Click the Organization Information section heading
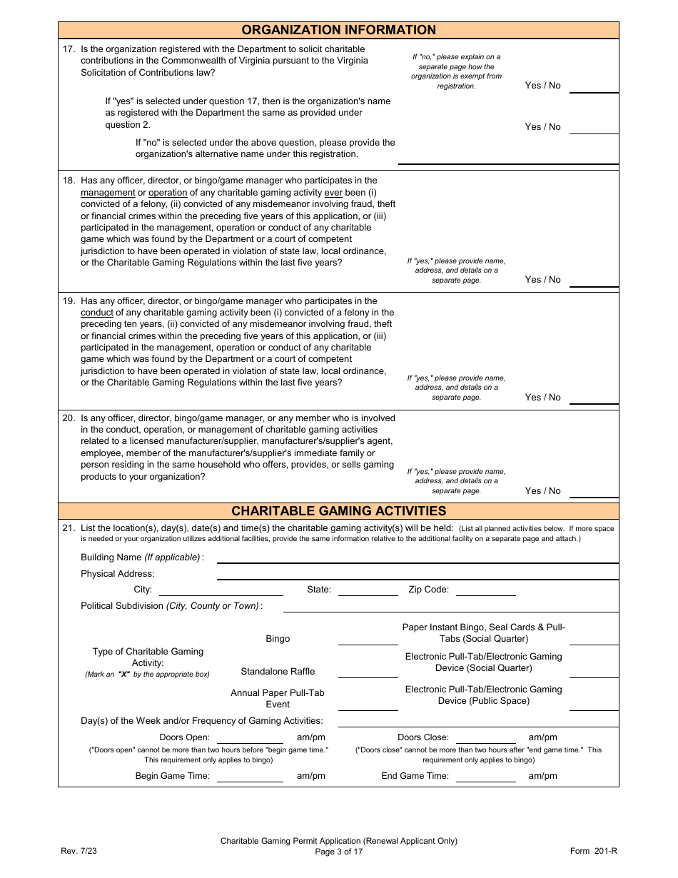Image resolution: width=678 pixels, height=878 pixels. [x=338, y=30]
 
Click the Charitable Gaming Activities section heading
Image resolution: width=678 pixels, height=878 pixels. [x=338, y=511]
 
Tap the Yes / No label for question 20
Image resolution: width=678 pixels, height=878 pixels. [x=542, y=491]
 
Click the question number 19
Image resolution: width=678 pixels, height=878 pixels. [x=69, y=301]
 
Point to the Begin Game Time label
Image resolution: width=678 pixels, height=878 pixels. [x=173, y=777]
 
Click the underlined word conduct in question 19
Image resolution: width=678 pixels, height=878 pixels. [x=97, y=313]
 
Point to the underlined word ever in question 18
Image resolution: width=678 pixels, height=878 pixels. [x=333, y=193]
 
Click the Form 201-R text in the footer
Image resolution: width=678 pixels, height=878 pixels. [x=593, y=851]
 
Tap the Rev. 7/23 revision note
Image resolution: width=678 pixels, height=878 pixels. [x=76, y=851]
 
